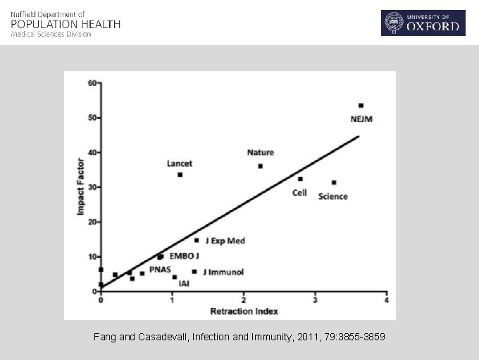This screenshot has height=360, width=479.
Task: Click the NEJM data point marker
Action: (x=361, y=106)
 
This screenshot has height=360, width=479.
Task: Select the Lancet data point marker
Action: (x=180, y=175)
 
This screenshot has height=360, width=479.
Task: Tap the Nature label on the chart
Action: (x=261, y=152)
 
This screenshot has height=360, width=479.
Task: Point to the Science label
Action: (x=332, y=197)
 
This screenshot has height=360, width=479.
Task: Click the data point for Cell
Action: (x=300, y=179)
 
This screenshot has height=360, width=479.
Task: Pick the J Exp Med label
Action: (x=225, y=241)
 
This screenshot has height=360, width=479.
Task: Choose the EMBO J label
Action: (x=185, y=256)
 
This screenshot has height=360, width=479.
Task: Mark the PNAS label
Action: (x=160, y=270)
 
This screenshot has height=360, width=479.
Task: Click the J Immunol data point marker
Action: (x=194, y=271)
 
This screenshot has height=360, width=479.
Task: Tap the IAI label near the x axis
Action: (x=184, y=284)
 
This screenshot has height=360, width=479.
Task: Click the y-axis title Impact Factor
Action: (x=82, y=186)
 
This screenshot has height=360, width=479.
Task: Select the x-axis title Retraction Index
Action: (x=244, y=311)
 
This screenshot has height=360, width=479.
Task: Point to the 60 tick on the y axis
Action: (x=92, y=83)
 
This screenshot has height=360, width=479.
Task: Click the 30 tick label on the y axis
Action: (x=92, y=187)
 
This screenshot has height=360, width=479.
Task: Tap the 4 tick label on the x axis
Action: (x=387, y=301)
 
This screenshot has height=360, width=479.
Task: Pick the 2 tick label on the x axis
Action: (x=244, y=301)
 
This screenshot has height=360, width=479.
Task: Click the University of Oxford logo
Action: (x=423, y=23)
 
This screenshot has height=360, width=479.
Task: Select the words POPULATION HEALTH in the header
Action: (x=66, y=24)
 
